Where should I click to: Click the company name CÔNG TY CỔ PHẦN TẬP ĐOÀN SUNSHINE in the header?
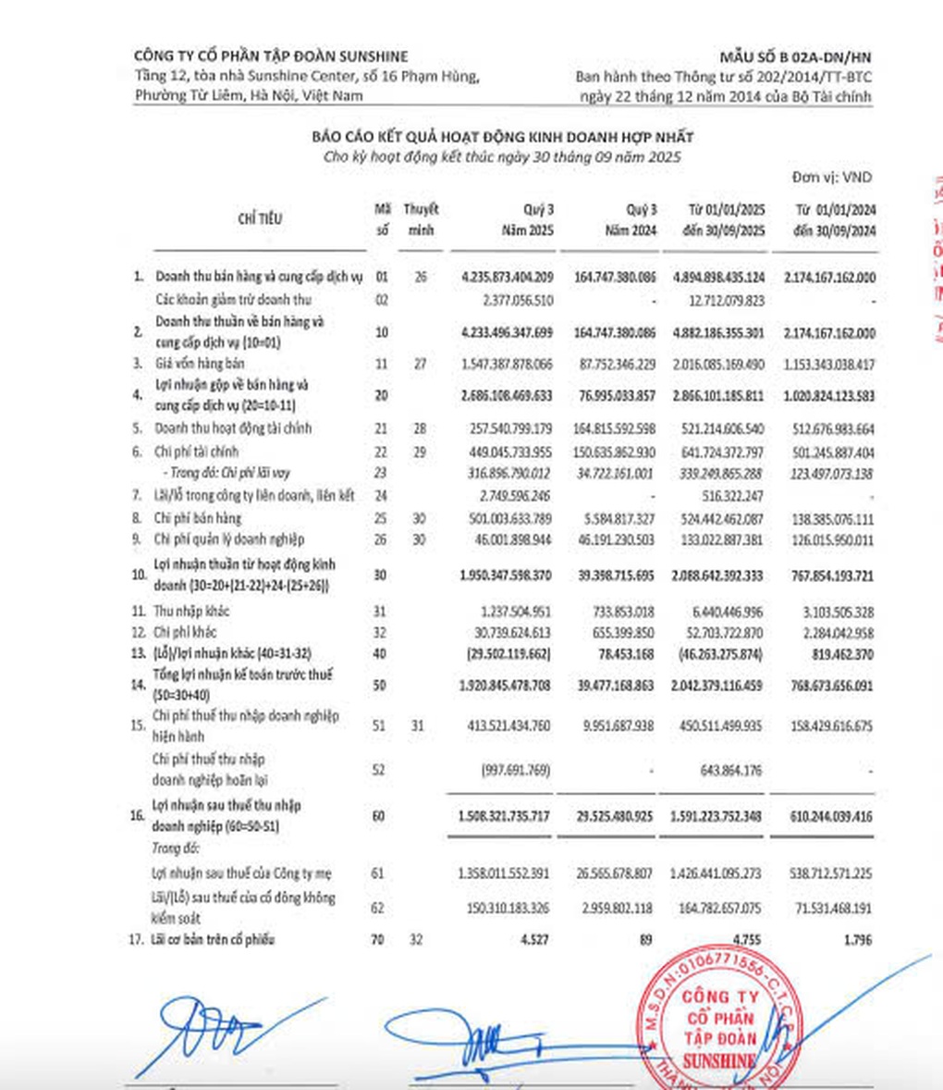(271, 56)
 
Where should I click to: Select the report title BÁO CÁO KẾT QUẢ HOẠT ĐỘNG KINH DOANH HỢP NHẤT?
(503, 137)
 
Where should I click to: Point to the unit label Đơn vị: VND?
(832, 177)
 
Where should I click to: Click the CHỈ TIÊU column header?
(260, 219)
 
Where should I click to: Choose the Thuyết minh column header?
(421, 219)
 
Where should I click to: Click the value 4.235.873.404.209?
(507, 277)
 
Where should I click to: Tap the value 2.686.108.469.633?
(507, 396)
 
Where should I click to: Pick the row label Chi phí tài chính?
(196, 452)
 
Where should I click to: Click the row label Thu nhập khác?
(191, 611)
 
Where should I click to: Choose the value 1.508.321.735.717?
(505, 817)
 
